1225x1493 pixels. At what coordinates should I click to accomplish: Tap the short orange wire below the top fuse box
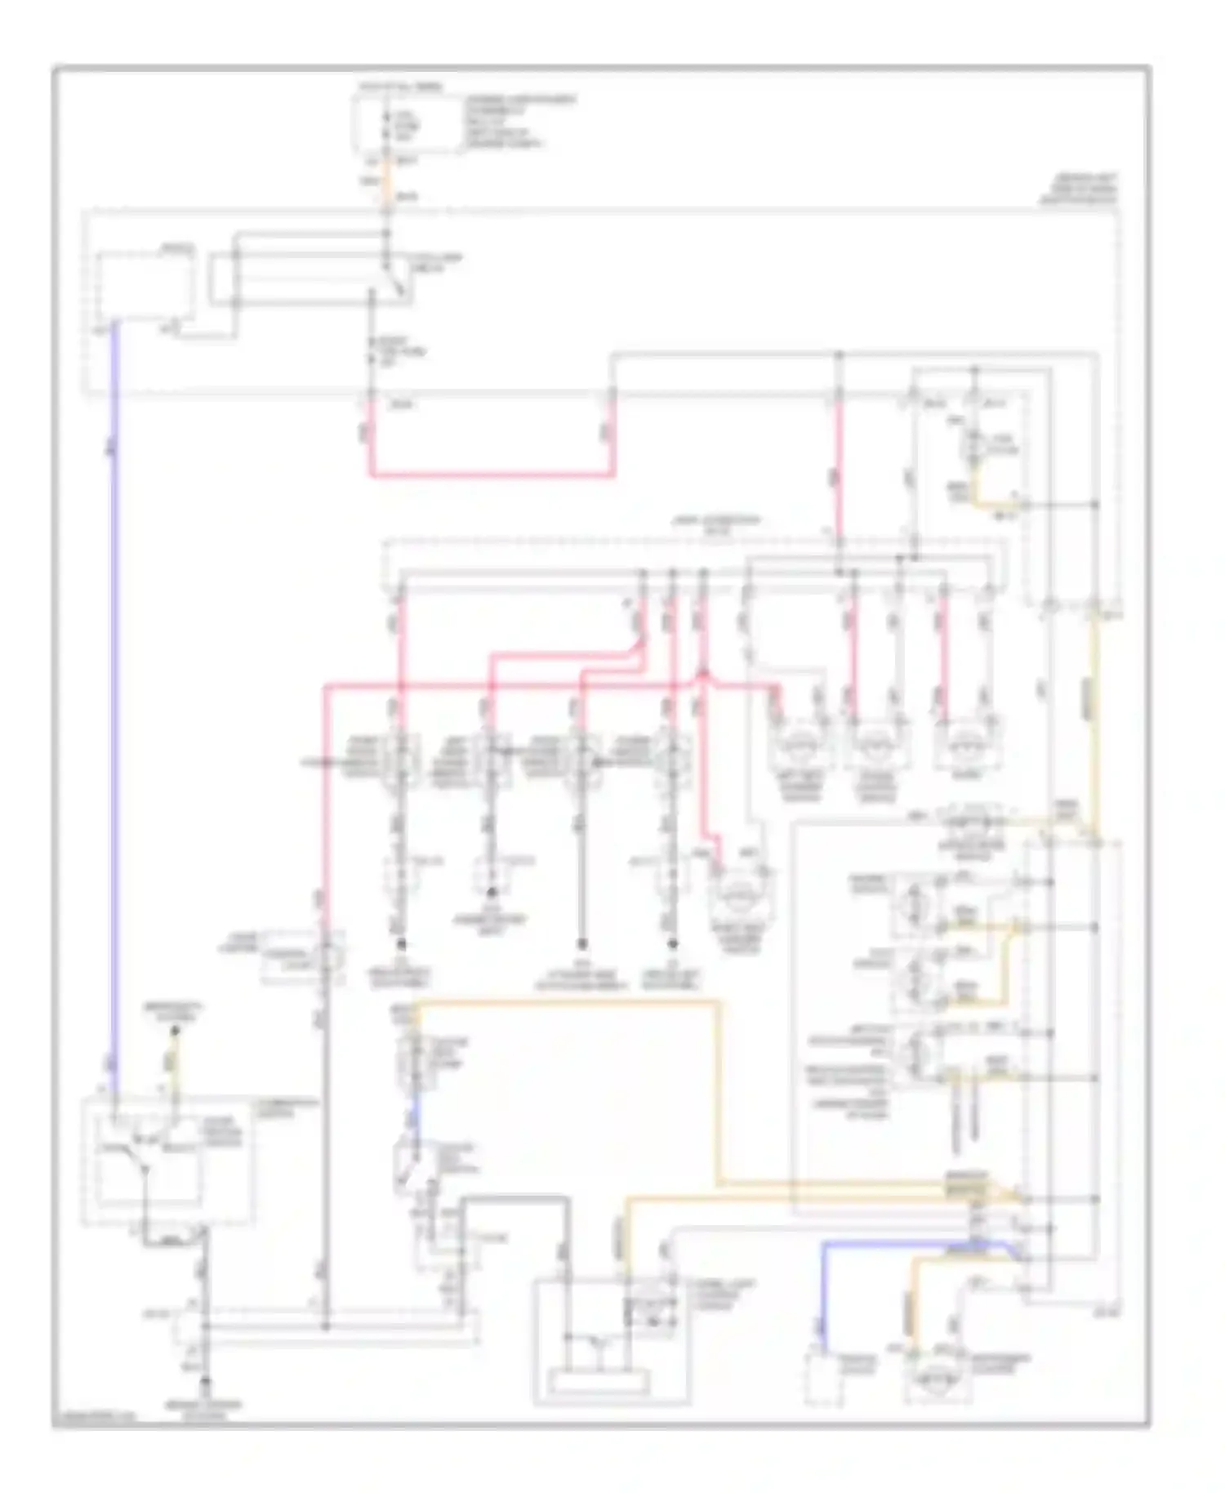388,181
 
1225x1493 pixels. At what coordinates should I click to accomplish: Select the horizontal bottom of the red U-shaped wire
490,473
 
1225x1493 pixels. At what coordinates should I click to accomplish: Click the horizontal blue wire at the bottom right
906,1244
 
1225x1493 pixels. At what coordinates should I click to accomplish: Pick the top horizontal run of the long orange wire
572,1001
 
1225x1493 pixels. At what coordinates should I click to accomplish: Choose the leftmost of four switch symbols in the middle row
401,760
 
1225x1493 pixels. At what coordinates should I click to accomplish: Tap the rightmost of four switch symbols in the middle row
672,760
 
